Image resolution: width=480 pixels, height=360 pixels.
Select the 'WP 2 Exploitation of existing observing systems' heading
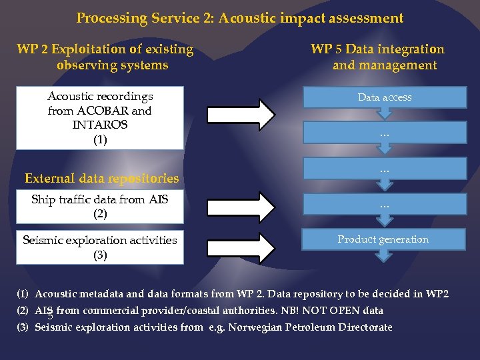pyautogui.click(x=105, y=57)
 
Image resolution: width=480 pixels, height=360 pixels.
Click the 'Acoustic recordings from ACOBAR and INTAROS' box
pyautogui.click(x=100, y=118)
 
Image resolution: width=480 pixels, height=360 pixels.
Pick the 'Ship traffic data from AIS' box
pyautogui.click(x=100, y=206)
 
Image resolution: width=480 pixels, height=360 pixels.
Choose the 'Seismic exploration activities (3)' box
pyautogui.click(x=100, y=247)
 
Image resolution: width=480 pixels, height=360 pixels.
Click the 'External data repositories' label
pyautogui.click(x=101, y=178)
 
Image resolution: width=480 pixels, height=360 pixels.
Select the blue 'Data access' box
pyautogui.click(x=385, y=97)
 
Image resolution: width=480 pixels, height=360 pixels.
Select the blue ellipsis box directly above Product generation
pyautogui.click(x=385, y=205)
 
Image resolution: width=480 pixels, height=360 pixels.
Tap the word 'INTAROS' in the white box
pyautogui.click(x=100, y=125)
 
